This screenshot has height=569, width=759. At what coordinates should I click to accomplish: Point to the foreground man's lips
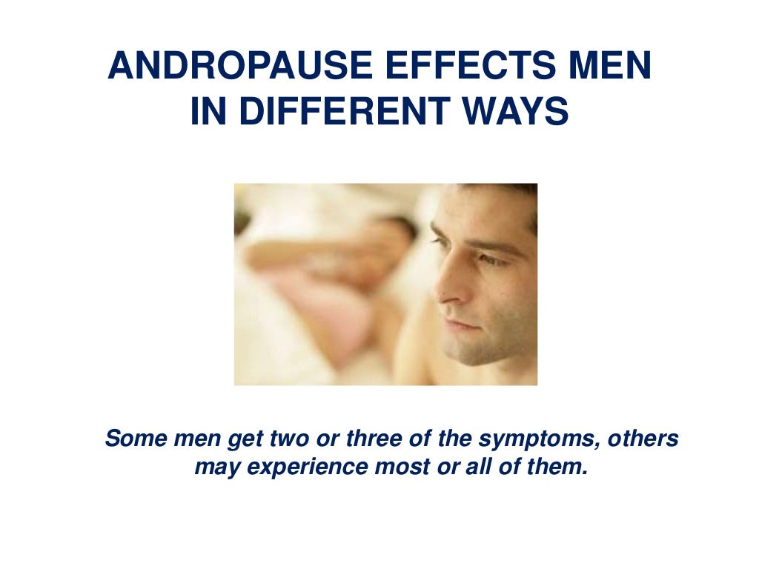tap(460, 324)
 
